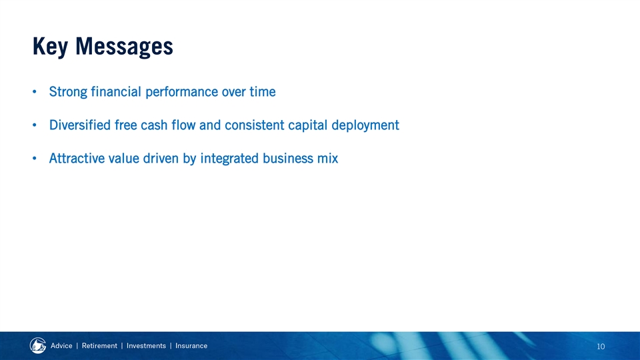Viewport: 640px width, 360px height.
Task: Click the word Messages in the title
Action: (x=124, y=47)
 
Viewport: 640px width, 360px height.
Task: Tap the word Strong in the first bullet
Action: (x=68, y=92)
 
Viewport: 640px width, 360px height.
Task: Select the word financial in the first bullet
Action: (x=116, y=91)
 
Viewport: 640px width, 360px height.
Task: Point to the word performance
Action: (x=181, y=92)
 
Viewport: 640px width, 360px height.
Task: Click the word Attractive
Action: (x=77, y=159)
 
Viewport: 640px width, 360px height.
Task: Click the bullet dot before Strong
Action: (x=35, y=92)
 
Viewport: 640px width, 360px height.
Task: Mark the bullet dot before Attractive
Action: (x=35, y=159)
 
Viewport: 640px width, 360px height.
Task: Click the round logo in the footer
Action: (x=38, y=346)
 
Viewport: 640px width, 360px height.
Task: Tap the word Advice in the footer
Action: (x=61, y=346)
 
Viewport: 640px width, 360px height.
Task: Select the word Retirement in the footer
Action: (x=99, y=346)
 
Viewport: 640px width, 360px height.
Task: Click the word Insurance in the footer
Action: (x=191, y=346)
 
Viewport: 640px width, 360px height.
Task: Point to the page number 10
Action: (x=601, y=347)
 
